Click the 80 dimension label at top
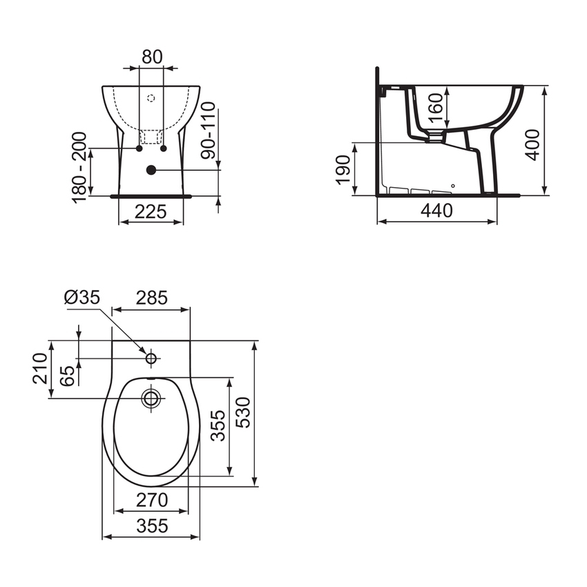pos(151,57)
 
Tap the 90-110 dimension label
pos(209,131)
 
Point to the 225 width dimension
pos(151,212)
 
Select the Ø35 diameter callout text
pos(82,298)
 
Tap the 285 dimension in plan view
pos(151,298)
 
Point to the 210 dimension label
pos(40,369)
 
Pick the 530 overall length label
pos(244,412)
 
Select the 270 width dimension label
pos(151,499)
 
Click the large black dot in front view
pos(151,170)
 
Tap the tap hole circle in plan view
pos(151,358)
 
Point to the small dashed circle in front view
pos(151,99)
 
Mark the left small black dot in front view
pos(139,148)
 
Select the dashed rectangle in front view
pos(151,136)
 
